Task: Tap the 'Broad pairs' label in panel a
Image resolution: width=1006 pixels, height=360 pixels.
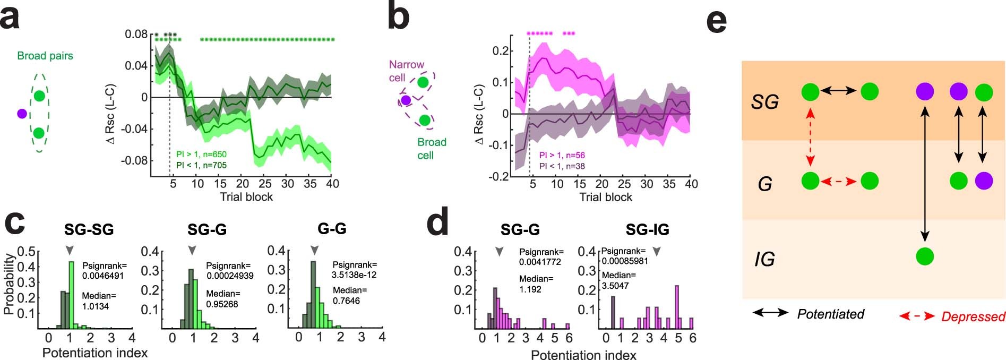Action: (x=45, y=56)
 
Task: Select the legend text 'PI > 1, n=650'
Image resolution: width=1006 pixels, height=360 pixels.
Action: (x=201, y=155)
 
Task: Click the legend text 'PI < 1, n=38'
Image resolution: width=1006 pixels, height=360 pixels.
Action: (x=562, y=166)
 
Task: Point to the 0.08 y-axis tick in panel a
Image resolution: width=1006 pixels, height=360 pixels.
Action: (x=136, y=35)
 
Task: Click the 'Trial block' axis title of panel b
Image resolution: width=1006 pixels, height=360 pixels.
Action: (x=606, y=198)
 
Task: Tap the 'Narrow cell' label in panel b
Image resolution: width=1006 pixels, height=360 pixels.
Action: (x=406, y=71)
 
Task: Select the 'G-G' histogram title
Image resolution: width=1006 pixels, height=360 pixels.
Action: (x=332, y=229)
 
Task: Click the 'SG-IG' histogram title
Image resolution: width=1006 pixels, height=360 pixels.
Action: (x=647, y=229)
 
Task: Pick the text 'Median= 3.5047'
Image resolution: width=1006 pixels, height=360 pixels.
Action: (x=618, y=280)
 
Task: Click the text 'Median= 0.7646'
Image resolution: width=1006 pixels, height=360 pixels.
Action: (x=349, y=295)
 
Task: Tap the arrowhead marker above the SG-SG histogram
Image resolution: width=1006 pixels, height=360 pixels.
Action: (x=70, y=250)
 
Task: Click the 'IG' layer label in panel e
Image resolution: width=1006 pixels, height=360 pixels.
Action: (x=764, y=259)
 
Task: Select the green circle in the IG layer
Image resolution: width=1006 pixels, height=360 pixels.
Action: (x=925, y=256)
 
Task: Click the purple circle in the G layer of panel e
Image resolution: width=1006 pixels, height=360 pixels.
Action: (x=984, y=181)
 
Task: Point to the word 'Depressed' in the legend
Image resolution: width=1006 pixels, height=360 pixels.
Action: (x=973, y=317)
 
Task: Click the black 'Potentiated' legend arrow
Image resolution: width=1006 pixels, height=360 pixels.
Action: (x=770, y=313)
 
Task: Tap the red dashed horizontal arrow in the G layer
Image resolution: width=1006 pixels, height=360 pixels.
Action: (x=838, y=182)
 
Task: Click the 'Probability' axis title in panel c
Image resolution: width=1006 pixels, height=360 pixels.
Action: (x=8, y=284)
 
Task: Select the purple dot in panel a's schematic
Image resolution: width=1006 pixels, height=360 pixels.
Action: (x=22, y=114)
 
